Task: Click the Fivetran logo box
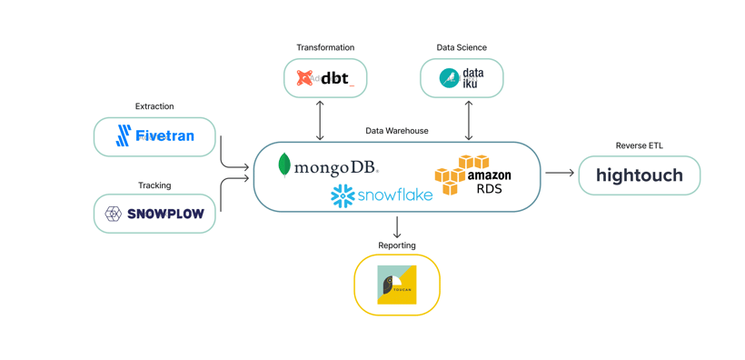pyautogui.click(x=154, y=136)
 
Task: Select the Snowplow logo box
pyautogui.click(x=154, y=214)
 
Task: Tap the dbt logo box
pyautogui.click(x=325, y=78)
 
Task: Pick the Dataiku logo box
pyautogui.click(x=462, y=78)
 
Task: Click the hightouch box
pyautogui.click(x=639, y=175)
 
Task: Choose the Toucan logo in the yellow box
pyautogui.click(x=397, y=285)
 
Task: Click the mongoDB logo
pyautogui.click(x=328, y=166)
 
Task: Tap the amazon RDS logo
pyautogui.click(x=473, y=175)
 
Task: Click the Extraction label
pyautogui.click(x=154, y=106)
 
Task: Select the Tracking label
pyautogui.click(x=154, y=185)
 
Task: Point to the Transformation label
pyautogui.click(x=325, y=47)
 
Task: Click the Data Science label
pyautogui.click(x=462, y=47)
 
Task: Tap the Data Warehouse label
pyautogui.click(x=397, y=131)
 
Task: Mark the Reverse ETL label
pyautogui.click(x=639, y=145)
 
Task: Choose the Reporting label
pyautogui.click(x=397, y=245)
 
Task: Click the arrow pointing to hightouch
pyautogui.click(x=560, y=173)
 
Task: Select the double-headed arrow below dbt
pyautogui.click(x=320, y=120)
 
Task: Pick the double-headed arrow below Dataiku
pyautogui.click(x=469, y=120)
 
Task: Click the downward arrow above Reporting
pyautogui.click(x=397, y=227)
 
